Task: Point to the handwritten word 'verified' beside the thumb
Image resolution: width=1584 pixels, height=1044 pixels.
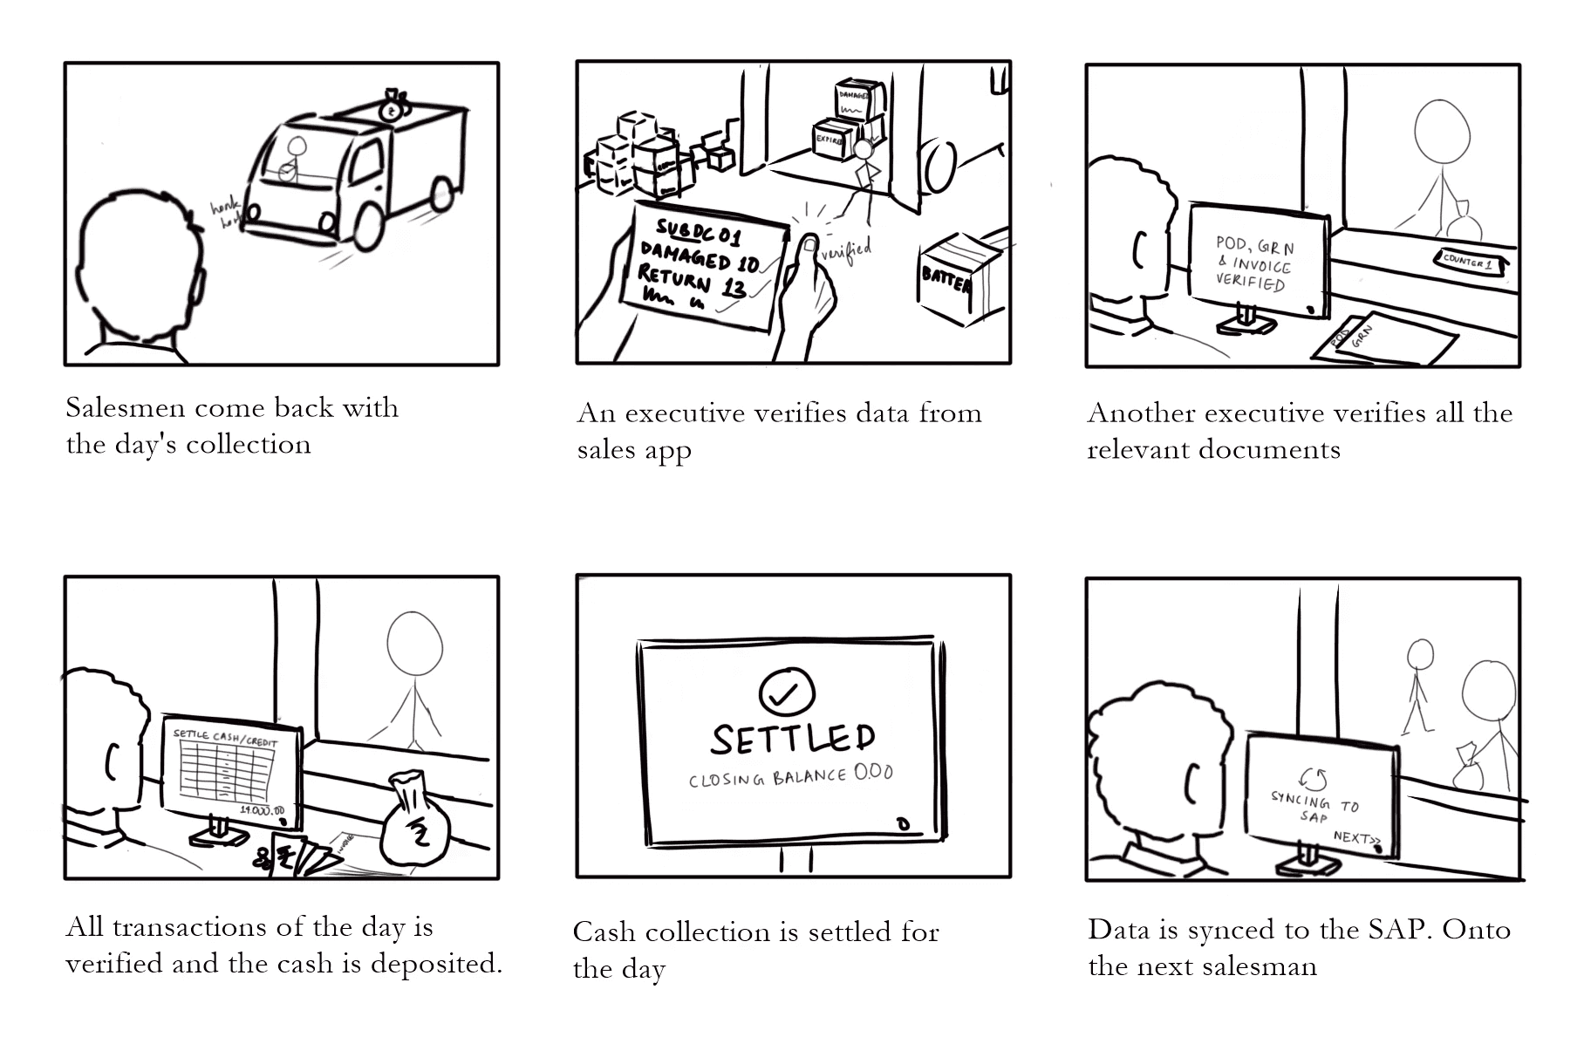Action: [x=846, y=249]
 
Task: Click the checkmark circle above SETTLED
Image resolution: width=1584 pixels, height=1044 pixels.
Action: [x=787, y=693]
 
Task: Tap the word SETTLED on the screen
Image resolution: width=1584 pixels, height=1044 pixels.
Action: [x=792, y=739]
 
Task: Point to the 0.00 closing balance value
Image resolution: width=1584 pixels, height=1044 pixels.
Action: [x=873, y=773]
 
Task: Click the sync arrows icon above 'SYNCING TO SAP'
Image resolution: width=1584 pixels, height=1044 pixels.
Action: [x=1312, y=779]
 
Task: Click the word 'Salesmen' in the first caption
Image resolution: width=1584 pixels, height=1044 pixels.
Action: [x=125, y=408]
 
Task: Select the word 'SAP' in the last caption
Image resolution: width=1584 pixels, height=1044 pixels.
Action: [x=1403, y=930]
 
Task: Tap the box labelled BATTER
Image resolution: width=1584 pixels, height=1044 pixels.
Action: [x=952, y=278]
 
